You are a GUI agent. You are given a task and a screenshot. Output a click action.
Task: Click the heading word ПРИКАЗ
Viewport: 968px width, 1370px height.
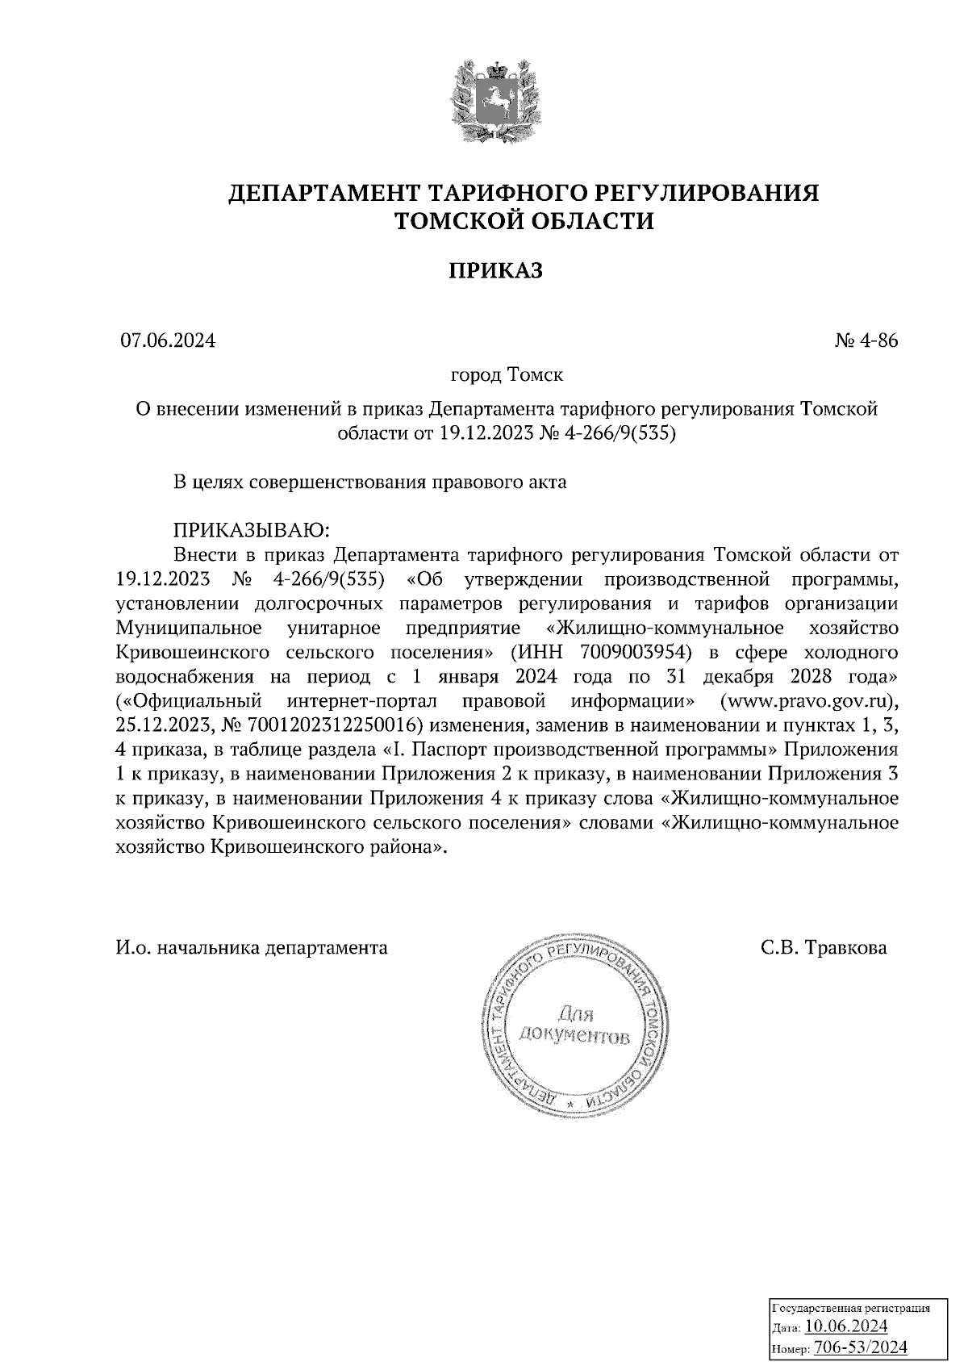click(x=495, y=271)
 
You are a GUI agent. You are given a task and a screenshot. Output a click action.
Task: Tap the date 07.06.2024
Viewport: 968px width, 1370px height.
click(x=168, y=340)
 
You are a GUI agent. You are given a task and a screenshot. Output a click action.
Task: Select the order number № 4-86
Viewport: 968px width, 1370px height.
click(x=866, y=340)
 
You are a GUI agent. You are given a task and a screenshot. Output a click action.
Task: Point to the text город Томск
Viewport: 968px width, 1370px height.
click(x=506, y=375)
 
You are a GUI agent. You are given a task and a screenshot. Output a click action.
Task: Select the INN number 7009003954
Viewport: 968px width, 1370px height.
click(x=636, y=652)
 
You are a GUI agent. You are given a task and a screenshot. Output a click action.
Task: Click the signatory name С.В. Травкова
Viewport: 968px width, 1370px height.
click(x=823, y=947)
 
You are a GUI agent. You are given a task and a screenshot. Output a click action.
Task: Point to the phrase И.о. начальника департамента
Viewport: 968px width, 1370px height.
click(x=251, y=947)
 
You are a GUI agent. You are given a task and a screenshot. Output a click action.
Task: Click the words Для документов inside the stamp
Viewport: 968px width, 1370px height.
click(x=574, y=1024)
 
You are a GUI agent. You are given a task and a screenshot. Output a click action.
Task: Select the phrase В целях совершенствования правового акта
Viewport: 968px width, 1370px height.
click(x=370, y=482)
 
